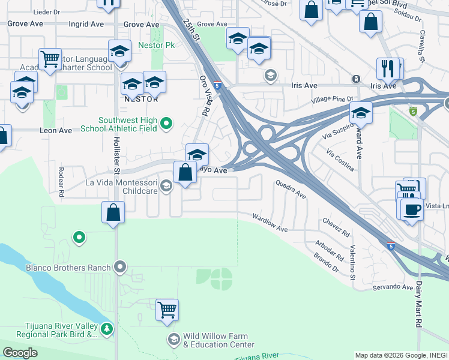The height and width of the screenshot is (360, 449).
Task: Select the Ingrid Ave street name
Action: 86,25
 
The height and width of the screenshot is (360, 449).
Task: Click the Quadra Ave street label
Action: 291,190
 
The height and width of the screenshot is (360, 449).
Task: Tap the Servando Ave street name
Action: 393,287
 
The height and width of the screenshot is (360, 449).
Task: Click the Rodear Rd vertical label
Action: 61,182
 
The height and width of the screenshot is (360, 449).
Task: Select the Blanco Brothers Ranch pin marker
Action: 121,266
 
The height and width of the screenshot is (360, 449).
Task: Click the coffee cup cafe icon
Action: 412,211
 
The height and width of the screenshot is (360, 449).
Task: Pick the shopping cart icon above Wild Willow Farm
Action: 167,310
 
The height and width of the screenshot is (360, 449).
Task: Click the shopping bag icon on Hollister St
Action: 113,212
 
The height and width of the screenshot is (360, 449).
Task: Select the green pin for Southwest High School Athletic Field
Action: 167,124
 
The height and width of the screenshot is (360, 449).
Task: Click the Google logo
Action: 20,353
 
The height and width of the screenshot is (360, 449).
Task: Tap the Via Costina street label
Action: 341,161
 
